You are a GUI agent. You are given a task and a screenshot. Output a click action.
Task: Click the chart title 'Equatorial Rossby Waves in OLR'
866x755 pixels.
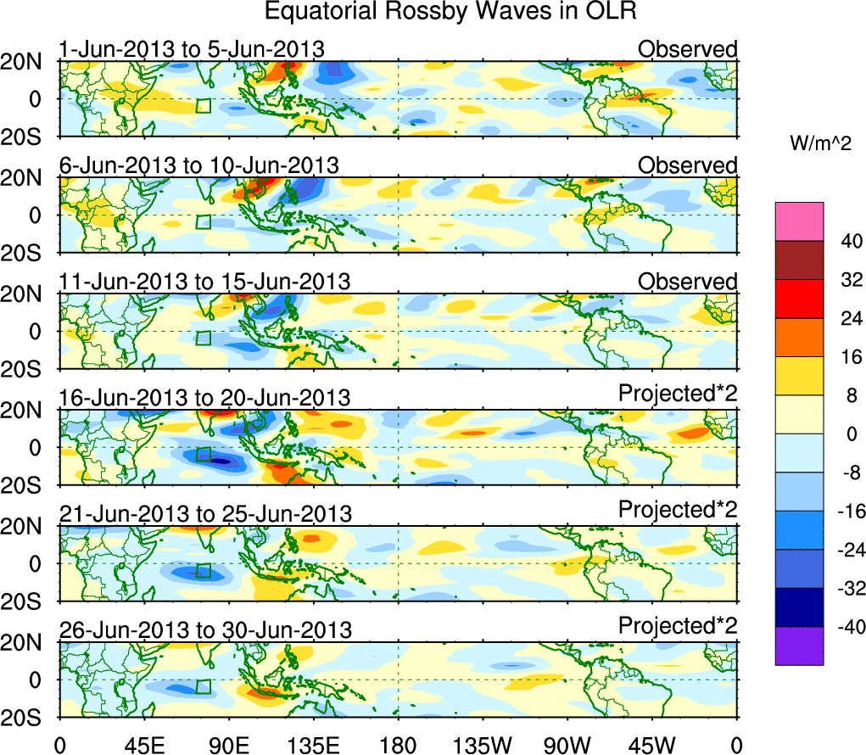[450, 12]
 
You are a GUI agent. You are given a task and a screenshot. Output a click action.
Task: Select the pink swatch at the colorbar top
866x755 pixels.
[798, 221]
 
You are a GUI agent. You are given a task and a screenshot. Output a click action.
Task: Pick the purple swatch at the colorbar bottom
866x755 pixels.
[798, 646]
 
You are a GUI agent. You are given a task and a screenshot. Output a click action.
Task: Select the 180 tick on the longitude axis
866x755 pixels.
[399, 744]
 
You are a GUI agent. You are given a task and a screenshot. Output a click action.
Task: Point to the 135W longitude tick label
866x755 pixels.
[483, 744]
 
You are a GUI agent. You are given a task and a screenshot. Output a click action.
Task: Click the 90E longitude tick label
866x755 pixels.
[227, 744]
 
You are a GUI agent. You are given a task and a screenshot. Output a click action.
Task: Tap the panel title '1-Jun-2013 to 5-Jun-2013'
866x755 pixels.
[191, 49]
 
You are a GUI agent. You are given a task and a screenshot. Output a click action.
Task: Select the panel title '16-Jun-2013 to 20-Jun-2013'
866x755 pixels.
[204, 397]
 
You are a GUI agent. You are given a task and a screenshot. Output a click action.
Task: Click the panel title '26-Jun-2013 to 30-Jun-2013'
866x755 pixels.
[204, 630]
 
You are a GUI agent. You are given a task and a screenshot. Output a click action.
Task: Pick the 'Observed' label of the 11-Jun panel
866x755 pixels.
[687, 281]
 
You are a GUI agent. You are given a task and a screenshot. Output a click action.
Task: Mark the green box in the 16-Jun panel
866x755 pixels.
[203, 455]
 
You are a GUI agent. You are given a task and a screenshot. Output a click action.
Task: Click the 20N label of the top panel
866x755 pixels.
[29, 61]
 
